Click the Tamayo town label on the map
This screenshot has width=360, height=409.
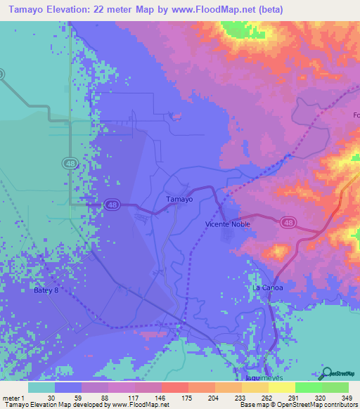click(x=179, y=199)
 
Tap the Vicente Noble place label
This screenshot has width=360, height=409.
click(x=227, y=224)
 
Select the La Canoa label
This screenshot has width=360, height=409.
click(x=266, y=288)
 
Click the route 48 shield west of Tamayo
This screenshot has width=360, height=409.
click(x=112, y=204)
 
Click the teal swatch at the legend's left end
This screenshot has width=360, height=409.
click(x=41, y=387)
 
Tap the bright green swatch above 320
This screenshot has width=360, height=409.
click(x=309, y=387)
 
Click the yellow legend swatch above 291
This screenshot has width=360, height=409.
click(x=282, y=387)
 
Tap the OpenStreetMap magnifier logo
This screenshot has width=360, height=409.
click(x=326, y=373)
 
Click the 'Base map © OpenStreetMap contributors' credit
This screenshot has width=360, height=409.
click(x=296, y=405)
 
